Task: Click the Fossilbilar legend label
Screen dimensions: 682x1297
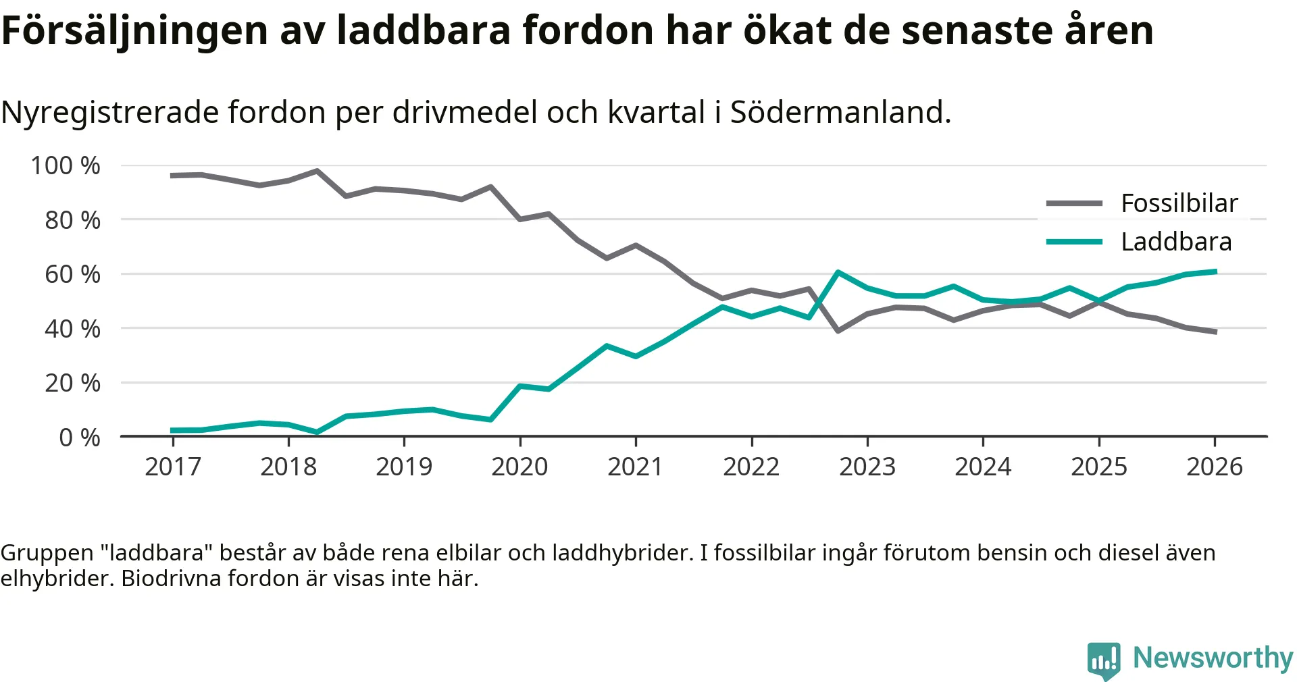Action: tap(1179, 203)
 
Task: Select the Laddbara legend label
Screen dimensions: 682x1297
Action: tap(1176, 242)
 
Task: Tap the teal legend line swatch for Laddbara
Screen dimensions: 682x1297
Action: tap(1074, 242)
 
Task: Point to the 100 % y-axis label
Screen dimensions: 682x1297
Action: tap(66, 165)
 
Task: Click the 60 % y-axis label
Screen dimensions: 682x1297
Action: tap(72, 274)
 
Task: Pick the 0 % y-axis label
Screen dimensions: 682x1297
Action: tap(80, 438)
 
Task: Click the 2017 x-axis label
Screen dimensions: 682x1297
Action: tap(173, 467)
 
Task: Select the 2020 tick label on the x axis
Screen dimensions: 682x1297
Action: tap(519, 467)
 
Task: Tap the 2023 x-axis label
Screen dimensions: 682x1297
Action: tap(867, 467)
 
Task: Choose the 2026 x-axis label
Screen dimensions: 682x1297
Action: tap(1215, 467)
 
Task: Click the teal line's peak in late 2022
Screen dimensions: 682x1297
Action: tap(838, 272)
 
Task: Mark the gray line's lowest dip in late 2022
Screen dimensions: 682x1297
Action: tap(838, 331)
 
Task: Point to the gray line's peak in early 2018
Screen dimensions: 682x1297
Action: tap(317, 171)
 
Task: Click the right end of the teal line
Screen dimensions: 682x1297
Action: tap(1215, 271)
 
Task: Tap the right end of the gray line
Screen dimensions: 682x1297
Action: tap(1215, 332)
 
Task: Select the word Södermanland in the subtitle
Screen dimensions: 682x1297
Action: tap(840, 112)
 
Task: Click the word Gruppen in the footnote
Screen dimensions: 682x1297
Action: tap(47, 553)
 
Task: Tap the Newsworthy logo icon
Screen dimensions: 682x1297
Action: tap(1104, 660)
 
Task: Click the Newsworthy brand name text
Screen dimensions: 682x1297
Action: tap(1213, 658)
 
